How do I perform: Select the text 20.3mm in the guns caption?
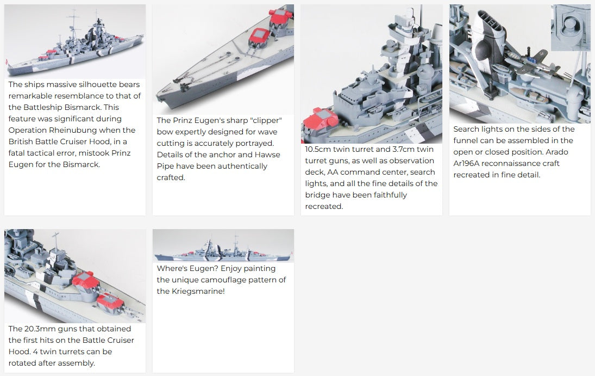40,329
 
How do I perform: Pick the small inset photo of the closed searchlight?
571,27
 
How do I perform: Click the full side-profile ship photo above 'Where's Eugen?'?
223,245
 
